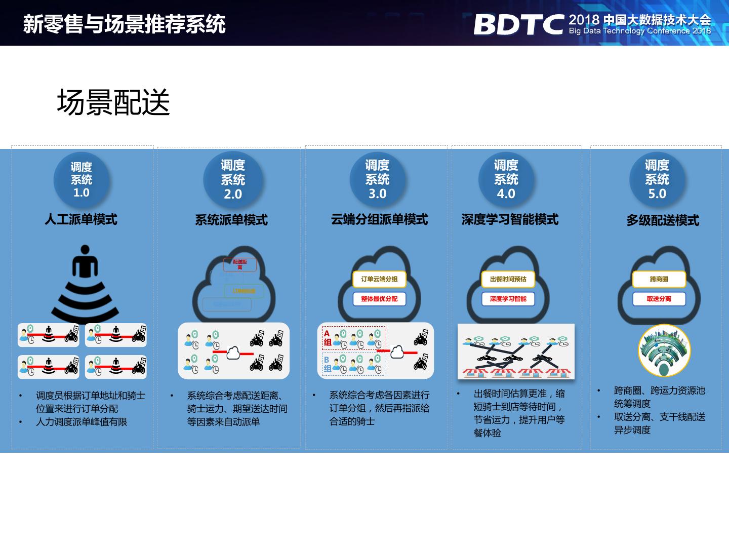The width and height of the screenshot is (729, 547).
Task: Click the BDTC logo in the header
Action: (518, 24)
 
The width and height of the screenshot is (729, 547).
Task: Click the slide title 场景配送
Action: (113, 102)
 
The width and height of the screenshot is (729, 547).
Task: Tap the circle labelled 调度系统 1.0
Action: (81, 180)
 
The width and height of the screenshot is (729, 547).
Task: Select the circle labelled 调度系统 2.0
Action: (233, 179)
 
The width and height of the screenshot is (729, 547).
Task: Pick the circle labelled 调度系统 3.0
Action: (378, 179)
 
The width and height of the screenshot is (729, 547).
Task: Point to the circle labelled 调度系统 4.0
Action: (506, 179)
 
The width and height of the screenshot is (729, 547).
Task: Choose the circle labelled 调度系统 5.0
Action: (657, 179)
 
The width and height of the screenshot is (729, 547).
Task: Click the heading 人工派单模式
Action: (81, 219)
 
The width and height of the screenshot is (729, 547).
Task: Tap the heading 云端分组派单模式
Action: (379, 219)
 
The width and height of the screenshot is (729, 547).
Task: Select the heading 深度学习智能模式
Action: (510, 219)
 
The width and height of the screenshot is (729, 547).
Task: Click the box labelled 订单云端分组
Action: (379, 279)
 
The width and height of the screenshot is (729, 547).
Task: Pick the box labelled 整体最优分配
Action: (379, 299)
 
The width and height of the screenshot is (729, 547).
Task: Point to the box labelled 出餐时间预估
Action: (508, 279)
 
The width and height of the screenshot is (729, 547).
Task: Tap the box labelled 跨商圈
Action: (659, 279)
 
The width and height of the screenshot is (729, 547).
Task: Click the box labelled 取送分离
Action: (659, 299)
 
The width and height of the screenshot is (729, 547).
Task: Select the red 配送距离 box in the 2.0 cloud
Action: (240, 264)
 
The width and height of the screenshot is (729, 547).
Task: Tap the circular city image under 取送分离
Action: (664, 350)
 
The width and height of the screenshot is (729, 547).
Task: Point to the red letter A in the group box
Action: (327, 333)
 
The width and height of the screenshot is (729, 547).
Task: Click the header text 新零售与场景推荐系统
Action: (125, 24)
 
